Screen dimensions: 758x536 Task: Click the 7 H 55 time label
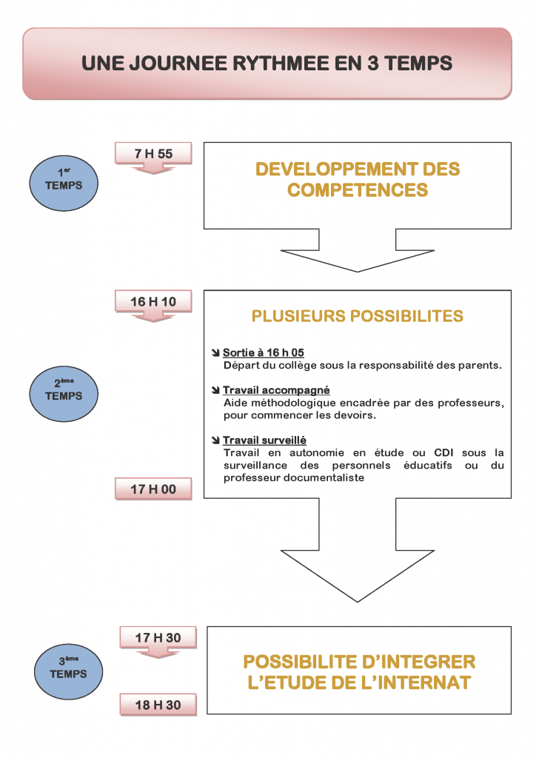point(153,153)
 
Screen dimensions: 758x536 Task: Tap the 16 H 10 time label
point(153,301)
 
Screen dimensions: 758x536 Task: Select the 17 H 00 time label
point(153,489)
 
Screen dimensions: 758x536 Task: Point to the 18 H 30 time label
point(158,705)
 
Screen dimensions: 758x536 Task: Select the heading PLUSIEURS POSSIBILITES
point(358,317)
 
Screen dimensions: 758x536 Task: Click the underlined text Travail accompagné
point(276,390)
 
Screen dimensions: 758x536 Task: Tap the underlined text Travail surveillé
point(264,440)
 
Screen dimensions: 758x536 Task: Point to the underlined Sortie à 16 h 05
point(264,352)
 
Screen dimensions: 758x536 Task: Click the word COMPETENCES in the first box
point(358,190)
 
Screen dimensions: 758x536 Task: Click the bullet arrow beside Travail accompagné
point(215,390)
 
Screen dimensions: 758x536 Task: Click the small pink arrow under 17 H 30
point(158,654)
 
